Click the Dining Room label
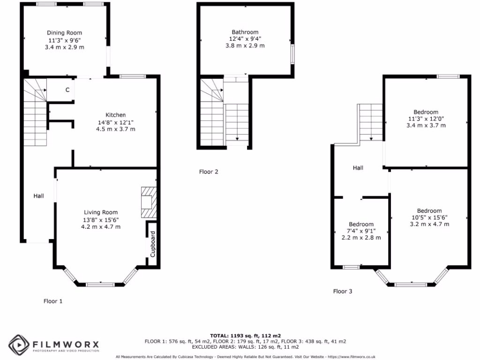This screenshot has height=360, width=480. (64, 33)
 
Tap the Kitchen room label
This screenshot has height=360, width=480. (115, 115)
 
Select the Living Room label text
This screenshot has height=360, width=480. (101, 212)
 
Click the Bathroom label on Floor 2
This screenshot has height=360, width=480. (245, 32)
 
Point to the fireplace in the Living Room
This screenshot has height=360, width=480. (148, 202)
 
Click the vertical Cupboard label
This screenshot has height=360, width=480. (153, 244)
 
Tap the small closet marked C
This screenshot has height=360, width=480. (67, 90)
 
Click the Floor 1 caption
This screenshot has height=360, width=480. (53, 301)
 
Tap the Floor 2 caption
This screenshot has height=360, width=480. (209, 172)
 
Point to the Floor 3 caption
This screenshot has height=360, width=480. (343, 291)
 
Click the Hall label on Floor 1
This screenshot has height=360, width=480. (38, 195)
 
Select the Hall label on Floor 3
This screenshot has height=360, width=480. (358, 167)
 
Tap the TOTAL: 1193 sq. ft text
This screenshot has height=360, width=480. (245, 336)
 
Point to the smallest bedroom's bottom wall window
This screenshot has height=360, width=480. (351, 267)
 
